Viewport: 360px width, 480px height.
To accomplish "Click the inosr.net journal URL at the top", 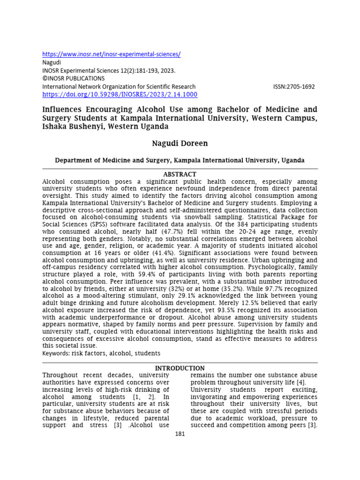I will (112, 54).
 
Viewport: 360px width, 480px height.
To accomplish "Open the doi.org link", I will (120, 94).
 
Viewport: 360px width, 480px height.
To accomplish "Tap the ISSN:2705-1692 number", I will (294, 87).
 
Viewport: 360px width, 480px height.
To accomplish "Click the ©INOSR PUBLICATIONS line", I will (74, 78).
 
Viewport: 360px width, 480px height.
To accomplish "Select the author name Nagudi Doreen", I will (180, 142).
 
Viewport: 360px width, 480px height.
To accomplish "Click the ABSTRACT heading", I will (180, 174).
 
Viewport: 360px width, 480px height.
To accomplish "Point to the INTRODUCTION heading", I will (180, 368).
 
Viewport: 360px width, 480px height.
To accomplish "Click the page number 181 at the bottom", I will (180, 434).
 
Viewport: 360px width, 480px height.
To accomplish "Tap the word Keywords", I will (56, 353).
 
